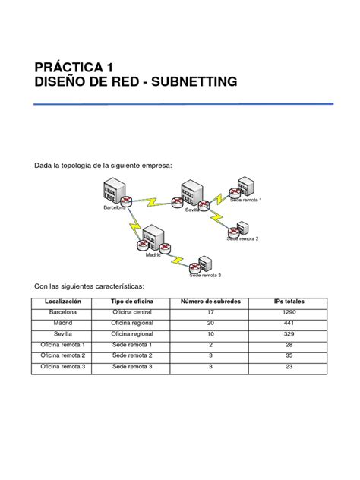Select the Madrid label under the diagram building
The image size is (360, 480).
coord(153,255)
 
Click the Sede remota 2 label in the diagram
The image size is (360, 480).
coord(242,238)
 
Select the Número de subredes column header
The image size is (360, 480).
coord(210,302)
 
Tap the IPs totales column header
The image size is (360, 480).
coord(289,302)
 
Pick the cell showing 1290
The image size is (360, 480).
coord(289,312)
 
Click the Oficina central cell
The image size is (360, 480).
coord(132,312)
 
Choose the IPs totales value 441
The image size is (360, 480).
coord(289,323)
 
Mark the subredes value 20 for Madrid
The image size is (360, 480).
coord(210,323)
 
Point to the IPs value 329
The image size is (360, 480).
coord(289,333)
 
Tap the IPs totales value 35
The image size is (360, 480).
coord(289,355)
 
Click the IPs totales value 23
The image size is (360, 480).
coord(289,367)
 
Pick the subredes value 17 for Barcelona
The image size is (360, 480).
coord(210,312)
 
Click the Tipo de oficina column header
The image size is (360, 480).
coord(132,302)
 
